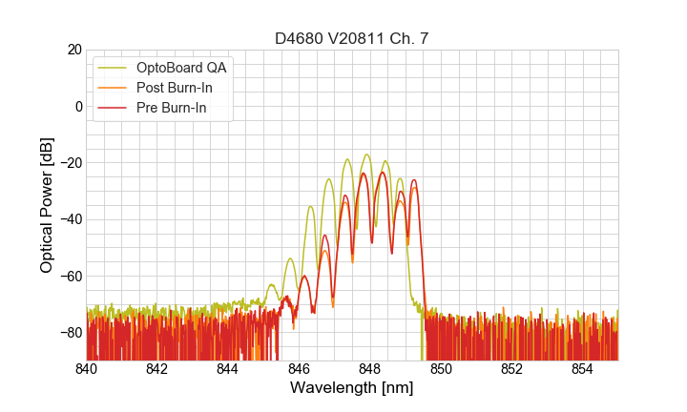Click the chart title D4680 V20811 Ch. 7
click(x=352, y=38)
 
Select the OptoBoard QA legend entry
click(x=182, y=68)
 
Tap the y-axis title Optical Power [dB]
click(x=47, y=205)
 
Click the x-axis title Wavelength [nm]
click(x=352, y=388)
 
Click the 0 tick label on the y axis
click(x=77, y=106)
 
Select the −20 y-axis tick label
click(x=69, y=163)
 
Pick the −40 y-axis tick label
click(x=69, y=219)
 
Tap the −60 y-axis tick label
click(x=69, y=276)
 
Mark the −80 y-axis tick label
click(x=69, y=333)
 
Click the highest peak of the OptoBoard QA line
click(x=366, y=154)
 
